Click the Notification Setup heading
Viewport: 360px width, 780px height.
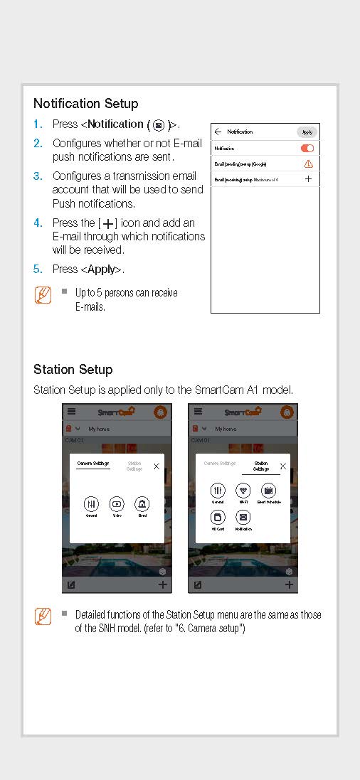pyautogui.click(x=85, y=104)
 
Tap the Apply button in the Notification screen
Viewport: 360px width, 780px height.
pyautogui.click(x=307, y=132)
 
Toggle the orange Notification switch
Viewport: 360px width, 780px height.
pyautogui.click(x=307, y=149)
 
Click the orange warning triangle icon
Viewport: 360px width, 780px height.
pyautogui.click(x=308, y=164)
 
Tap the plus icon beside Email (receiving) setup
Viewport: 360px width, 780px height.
pyautogui.click(x=308, y=179)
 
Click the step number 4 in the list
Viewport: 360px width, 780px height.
pyautogui.click(x=38, y=223)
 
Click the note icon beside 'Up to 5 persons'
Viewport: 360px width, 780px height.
pyautogui.click(x=43, y=296)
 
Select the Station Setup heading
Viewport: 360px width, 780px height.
pyautogui.click(x=73, y=370)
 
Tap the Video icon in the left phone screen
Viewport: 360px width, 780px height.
pyautogui.click(x=117, y=504)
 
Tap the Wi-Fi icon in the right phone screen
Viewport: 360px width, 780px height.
pyautogui.click(x=243, y=491)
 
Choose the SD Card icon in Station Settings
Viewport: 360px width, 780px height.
pyautogui.click(x=218, y=518)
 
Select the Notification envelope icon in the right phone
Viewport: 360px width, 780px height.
pyautogui.click(x=243, y=518)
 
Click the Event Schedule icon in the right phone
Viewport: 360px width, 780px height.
pyautogui.click(x=268, y=491)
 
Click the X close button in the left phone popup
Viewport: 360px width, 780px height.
pyautogui.click(x=157, y=466)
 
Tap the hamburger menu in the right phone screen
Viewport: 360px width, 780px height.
pyautogui.click(x=198, y=412)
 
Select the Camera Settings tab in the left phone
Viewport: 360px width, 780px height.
pyautogui.click(x=92, y=464)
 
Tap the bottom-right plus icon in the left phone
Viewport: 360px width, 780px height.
pyautogui.click(x=163, y=584)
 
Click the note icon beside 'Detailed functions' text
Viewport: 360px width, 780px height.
pyautogui.click(x=43, y=616)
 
